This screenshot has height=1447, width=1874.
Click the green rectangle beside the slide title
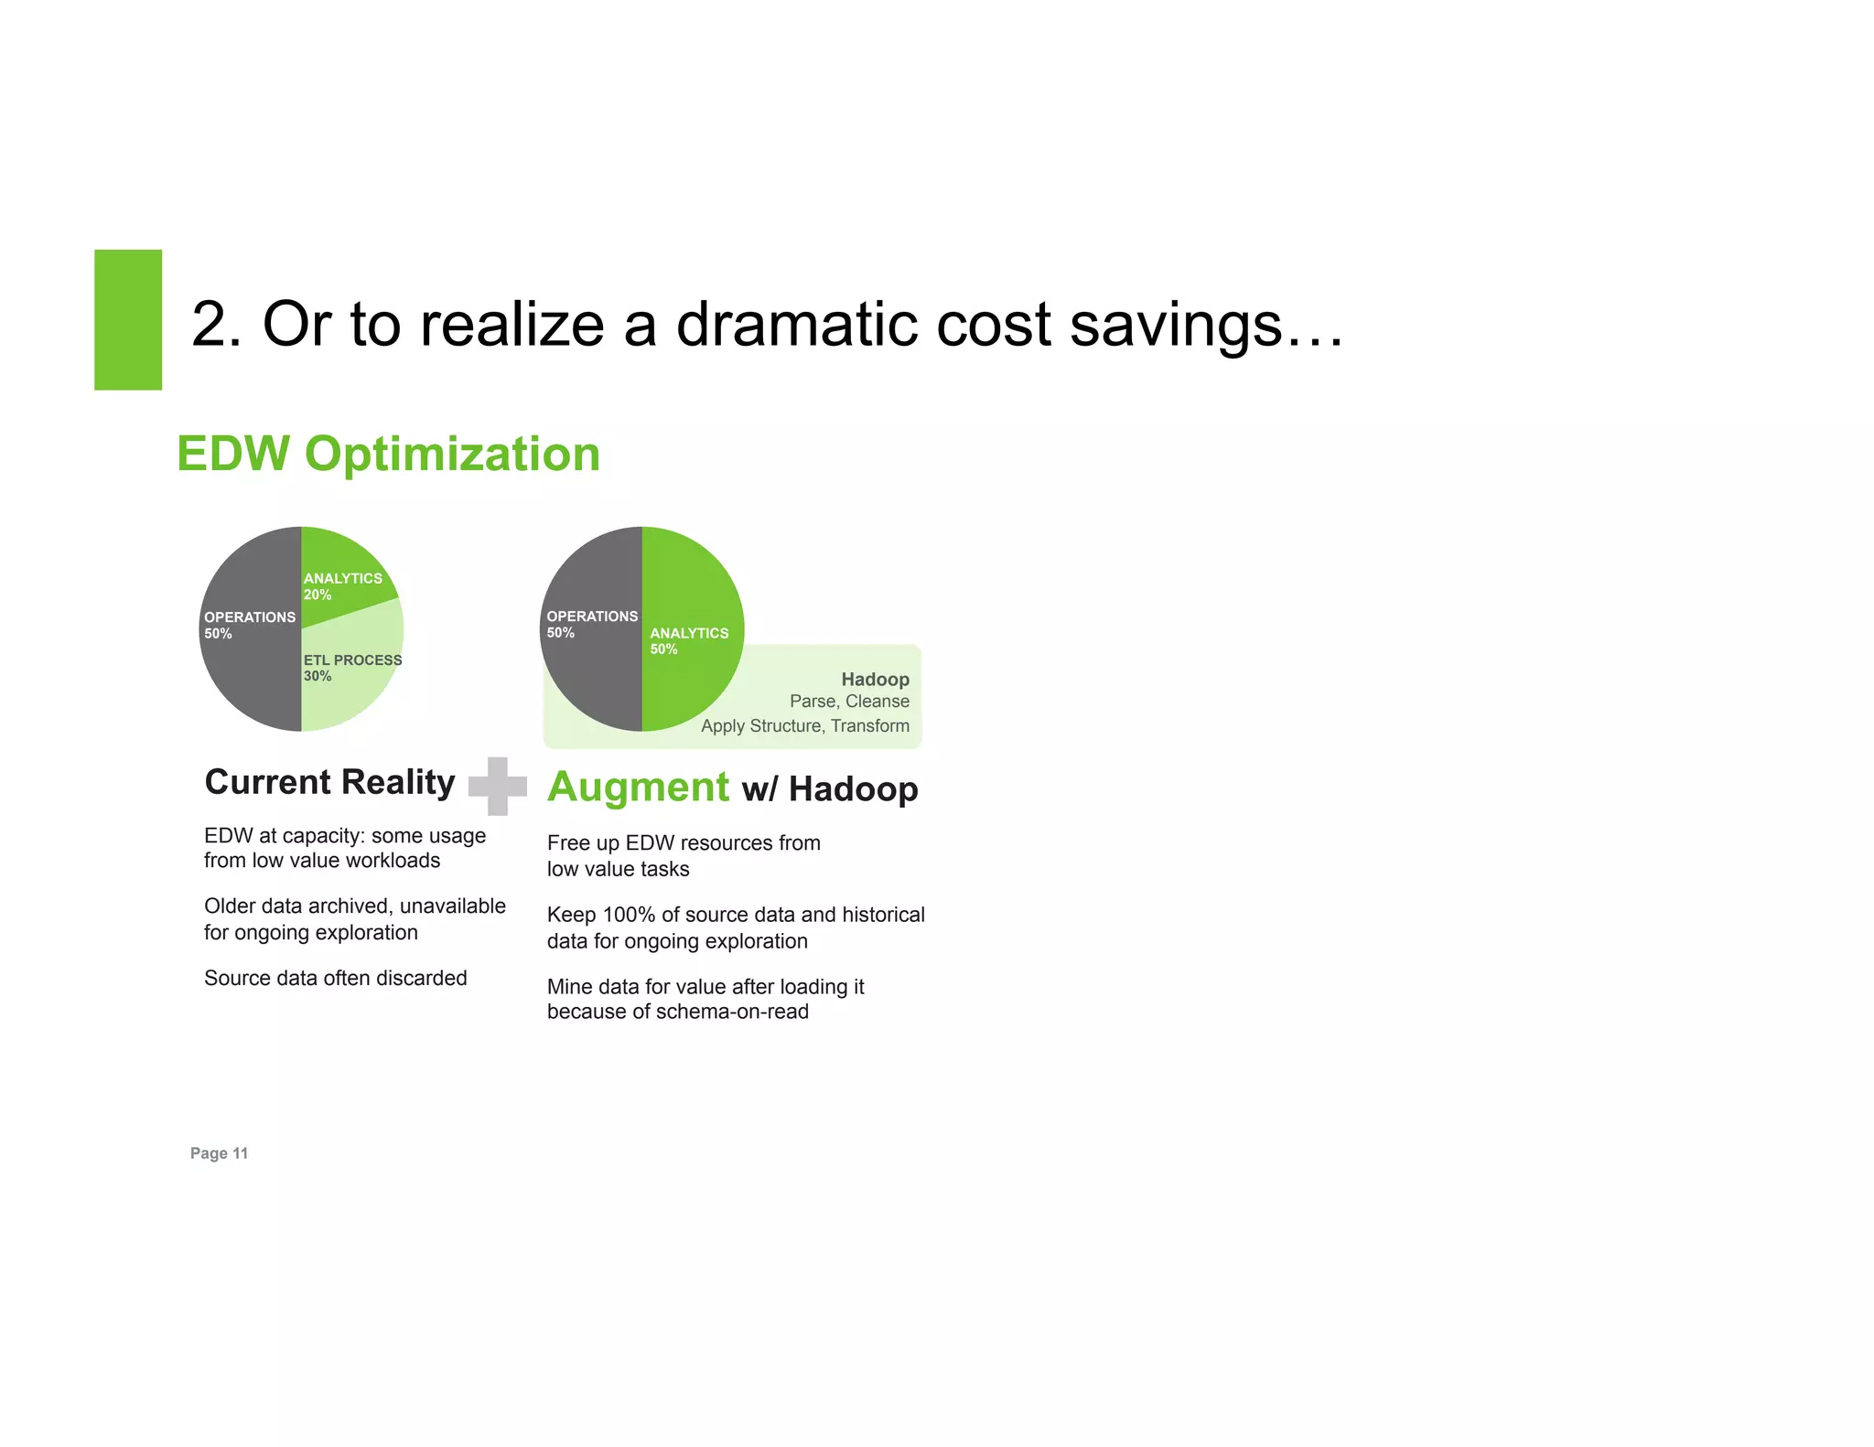(128, 319)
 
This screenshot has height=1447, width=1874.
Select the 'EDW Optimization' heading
(388, 455)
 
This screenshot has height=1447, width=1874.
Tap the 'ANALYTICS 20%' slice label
(342, 586)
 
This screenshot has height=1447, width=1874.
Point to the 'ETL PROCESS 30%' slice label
(352, 668)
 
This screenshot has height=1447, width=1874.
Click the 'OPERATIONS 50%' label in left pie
(249, 625)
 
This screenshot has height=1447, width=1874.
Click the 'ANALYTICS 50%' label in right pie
(688, 640)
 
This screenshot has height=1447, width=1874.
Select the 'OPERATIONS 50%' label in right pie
(591, 624)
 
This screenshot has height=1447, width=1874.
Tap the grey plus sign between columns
(497, 786)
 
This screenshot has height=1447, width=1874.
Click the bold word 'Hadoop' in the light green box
(875, 680)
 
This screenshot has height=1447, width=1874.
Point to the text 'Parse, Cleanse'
(849, 702)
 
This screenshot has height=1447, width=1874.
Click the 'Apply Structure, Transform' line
(804, 726)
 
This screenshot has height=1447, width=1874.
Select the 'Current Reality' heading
(329, 783)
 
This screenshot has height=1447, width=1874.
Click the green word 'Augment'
(638, 788)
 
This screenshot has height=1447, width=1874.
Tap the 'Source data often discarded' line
(335, 979)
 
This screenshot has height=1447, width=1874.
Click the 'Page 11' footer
(219, 1153)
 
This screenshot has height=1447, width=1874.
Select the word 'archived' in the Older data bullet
(349, 906)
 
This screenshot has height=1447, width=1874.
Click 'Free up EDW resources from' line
(684, 843)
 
